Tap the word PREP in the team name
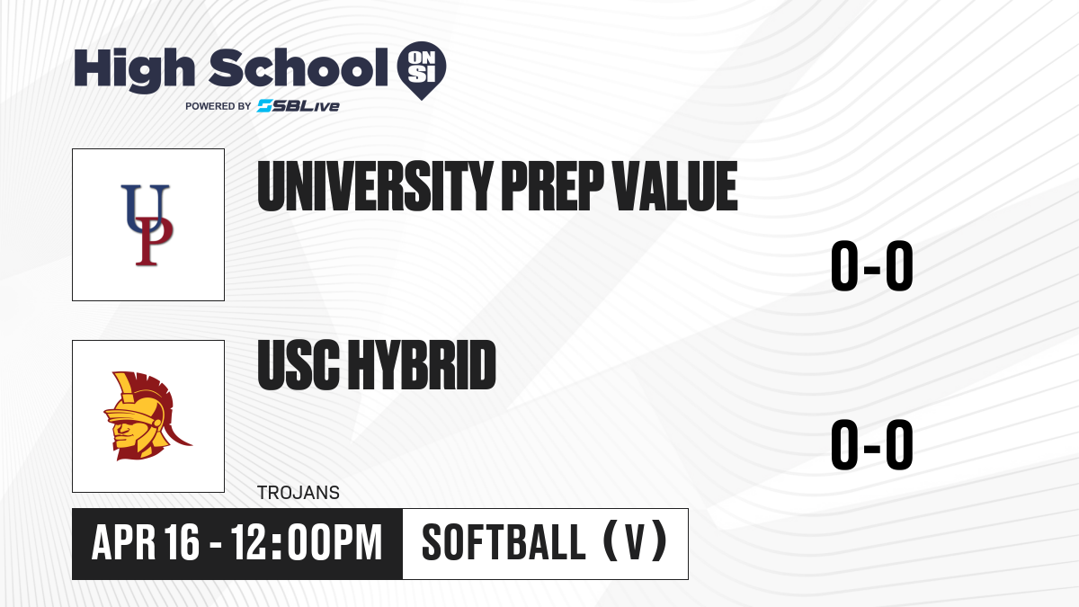click(552, 186)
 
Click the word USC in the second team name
click(299, 365)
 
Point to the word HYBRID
click(422, 365)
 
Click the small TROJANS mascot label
click(299, 493)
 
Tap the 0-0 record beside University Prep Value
click(872, 265)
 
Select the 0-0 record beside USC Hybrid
click(872, 444)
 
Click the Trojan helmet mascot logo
click(147, 415)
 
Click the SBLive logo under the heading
click(299, 106)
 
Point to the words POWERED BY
click(218, 106)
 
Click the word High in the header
click(134, 69)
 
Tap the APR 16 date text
click(146, 542)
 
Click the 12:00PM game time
click(307, 542)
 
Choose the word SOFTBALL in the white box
click(504, 542)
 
